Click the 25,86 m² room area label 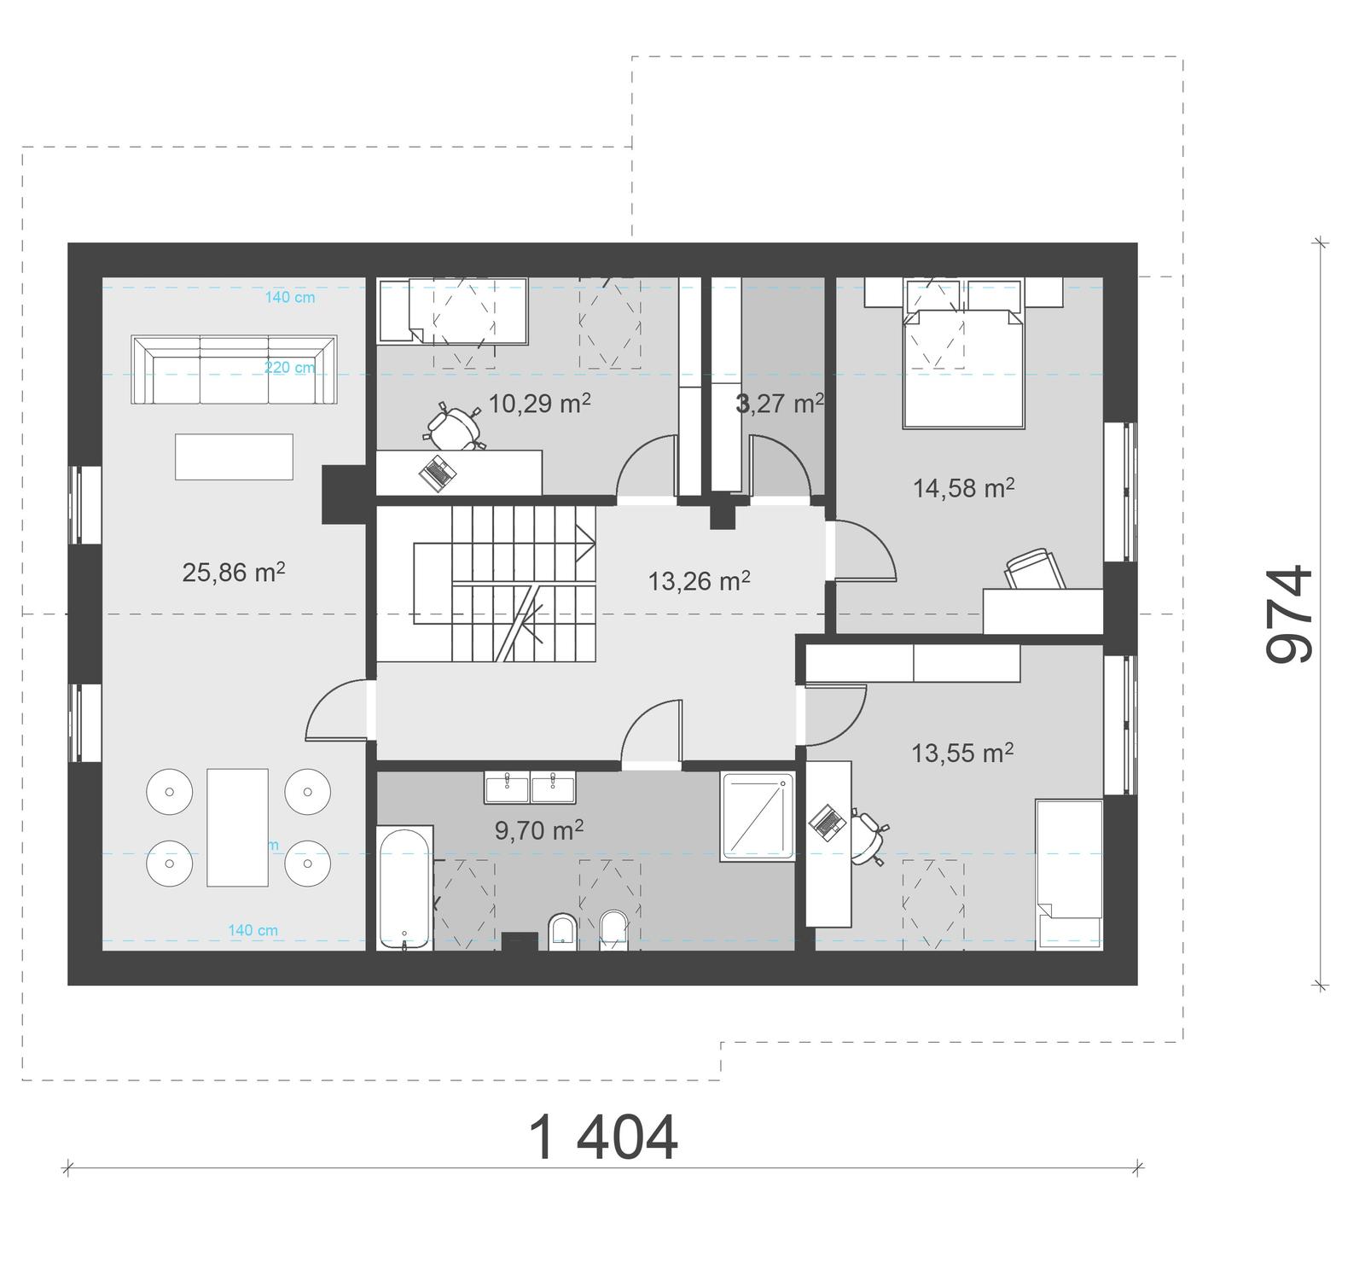[x=233, y=573]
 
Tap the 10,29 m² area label [x=539, y=404]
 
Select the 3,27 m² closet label [x=779, y=404]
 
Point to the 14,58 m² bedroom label [x=963, y=488]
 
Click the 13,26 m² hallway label [x=699, y=581]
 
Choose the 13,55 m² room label [x=961, y=753]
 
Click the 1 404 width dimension [x=603, y=1137]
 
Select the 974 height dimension [x=1288, y=614]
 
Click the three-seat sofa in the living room [x=234, y=369]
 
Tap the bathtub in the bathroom [x=404, y=887]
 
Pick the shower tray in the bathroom [x=758, y=816]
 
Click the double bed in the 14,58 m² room [x=963, y=367]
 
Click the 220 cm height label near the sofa [x=289, y=368]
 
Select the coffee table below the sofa [x=234, y=457]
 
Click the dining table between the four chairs [x=237, y=827]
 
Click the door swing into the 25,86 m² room [x=337, y=711]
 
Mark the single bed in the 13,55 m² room [x=1068, y=874]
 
